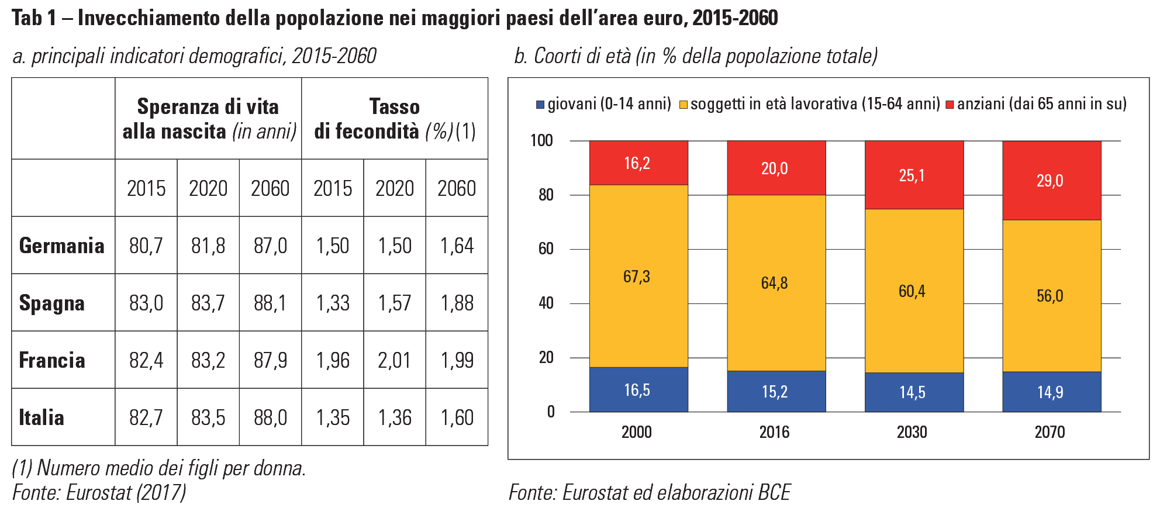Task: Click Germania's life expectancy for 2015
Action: [146, 246]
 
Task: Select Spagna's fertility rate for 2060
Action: [457, 303]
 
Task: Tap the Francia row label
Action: [52, 360]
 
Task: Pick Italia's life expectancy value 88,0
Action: [270, 417]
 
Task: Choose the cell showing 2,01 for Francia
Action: [395, 360]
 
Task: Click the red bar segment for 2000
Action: [638, 163]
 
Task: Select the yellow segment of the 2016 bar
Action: [776, 283]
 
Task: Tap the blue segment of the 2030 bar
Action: [914, 392]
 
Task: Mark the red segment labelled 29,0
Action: [1051, 181]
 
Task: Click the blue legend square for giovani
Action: [540, 105]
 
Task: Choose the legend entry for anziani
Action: [1041, 104]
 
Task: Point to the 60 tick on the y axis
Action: [546, 249]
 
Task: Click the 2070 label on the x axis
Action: [1050, 432]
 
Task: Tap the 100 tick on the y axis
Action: [542, 140]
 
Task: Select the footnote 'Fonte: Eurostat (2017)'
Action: [99, 492]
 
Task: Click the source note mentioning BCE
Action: [649, 492]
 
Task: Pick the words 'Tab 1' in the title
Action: [34, 18]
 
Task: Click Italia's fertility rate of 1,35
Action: [333, 417]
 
